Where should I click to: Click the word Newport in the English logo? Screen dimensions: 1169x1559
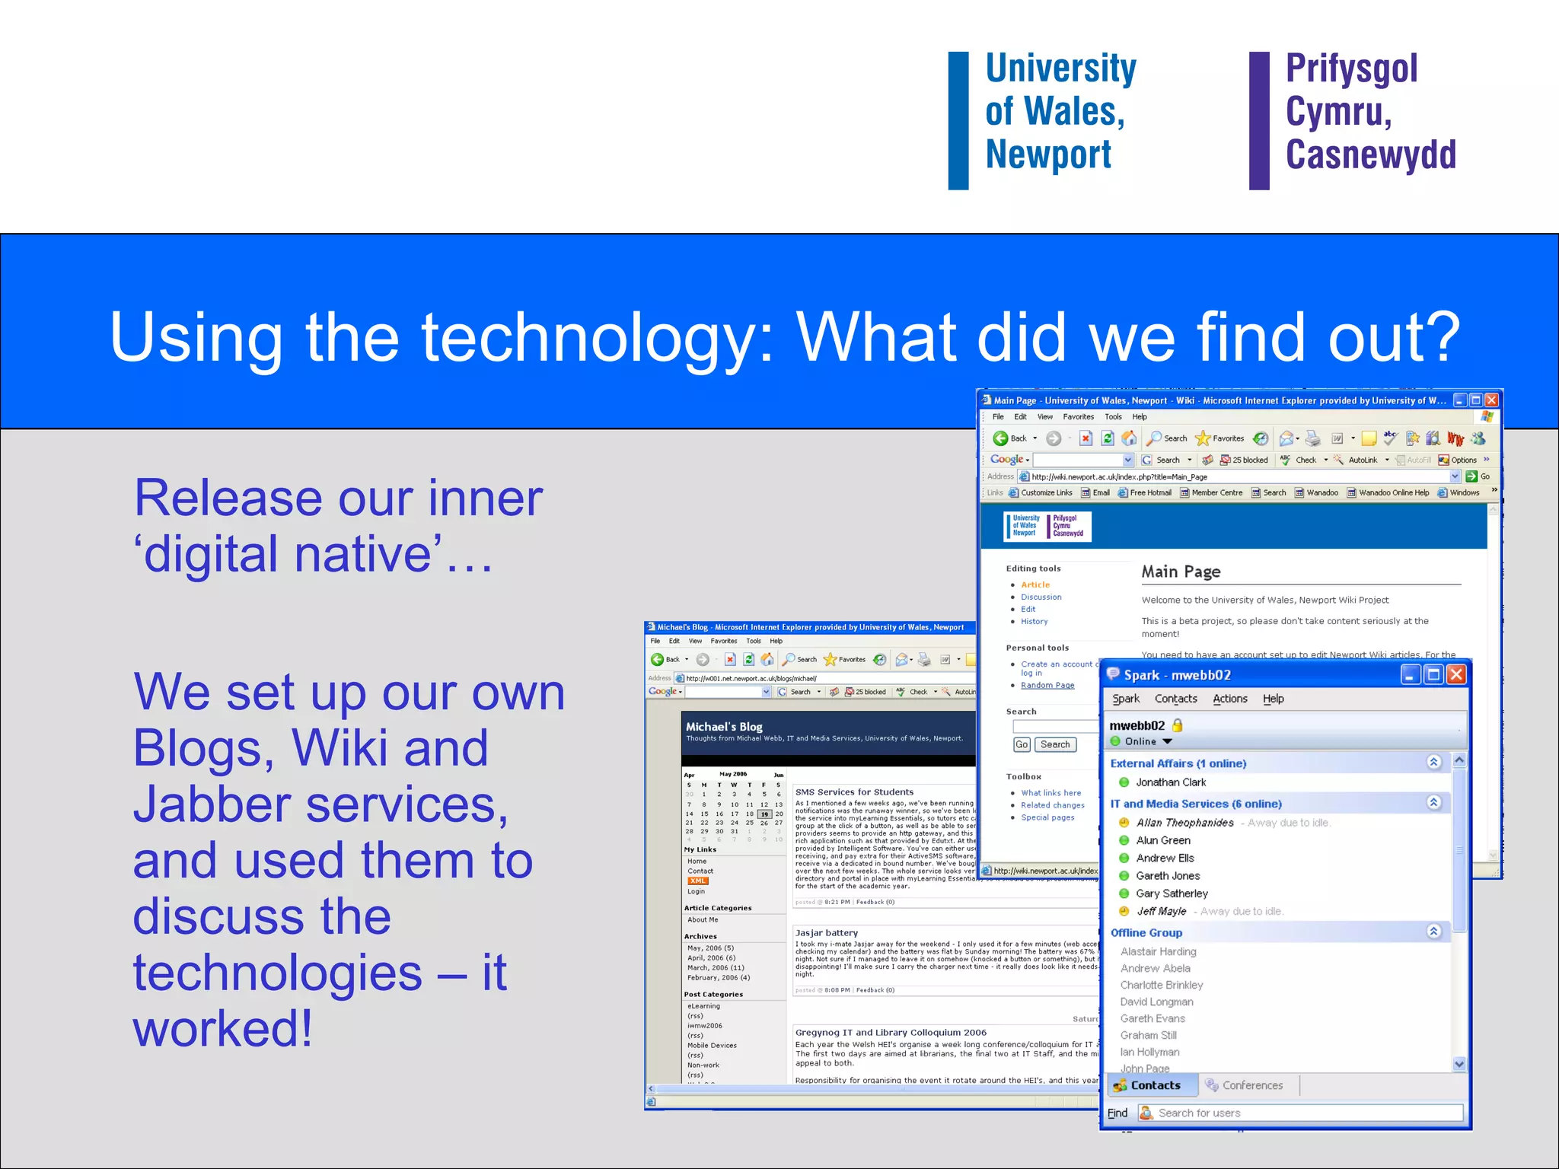point(1048,154)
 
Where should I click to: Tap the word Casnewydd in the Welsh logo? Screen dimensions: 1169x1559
point(1370,154)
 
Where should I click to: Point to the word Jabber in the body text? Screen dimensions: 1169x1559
point(212,804)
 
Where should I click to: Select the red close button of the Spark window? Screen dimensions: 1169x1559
point(1455,674)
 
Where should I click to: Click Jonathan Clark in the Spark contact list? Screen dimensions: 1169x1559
point(1171,782)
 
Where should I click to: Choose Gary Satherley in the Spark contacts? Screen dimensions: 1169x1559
point(1172,893)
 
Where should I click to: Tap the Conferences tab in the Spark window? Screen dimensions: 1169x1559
point(1251,1085)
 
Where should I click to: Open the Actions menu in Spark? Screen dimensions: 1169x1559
point(1229,699)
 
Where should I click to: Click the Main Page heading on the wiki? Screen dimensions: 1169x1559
point(1181,572)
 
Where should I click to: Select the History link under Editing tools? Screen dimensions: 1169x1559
point(1034,622)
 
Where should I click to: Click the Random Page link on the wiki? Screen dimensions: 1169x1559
point(1047,685)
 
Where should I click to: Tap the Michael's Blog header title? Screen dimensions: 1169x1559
point(724,727)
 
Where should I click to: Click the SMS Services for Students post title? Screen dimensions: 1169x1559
point(854,792)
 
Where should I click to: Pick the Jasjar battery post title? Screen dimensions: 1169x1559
point(827,933)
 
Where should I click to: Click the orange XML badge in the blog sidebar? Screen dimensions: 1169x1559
point(697,881)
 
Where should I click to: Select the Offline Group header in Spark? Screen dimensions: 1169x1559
point(1146,933)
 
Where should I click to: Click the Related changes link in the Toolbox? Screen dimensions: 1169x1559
point(1053,805)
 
